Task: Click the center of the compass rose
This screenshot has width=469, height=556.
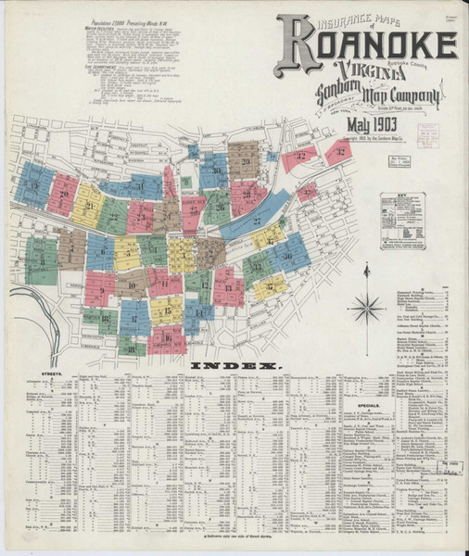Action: [367, 306]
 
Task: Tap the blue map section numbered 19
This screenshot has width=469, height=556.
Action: [35, 185]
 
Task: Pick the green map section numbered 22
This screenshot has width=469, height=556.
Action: [113, 215]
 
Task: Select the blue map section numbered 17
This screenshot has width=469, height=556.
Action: [134, 317]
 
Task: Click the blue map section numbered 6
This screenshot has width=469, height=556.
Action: [99, 252]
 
